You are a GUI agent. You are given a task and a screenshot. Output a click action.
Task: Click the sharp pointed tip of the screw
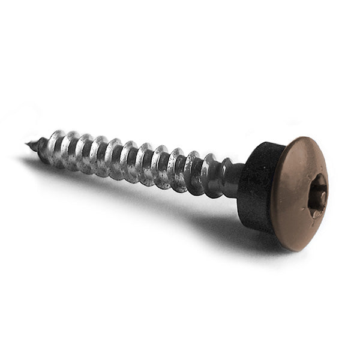[x=27, y=143]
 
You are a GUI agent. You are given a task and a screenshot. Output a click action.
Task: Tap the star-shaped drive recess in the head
[x=317, y=195]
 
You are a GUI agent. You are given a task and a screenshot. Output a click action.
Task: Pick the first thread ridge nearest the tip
[x=42, y=147]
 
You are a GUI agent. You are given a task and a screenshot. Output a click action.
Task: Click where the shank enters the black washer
[x=240, y=179]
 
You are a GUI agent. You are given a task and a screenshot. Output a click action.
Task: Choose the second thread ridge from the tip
[x=58, y=147]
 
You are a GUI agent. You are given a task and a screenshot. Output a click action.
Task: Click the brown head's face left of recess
[x=294, y=192]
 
